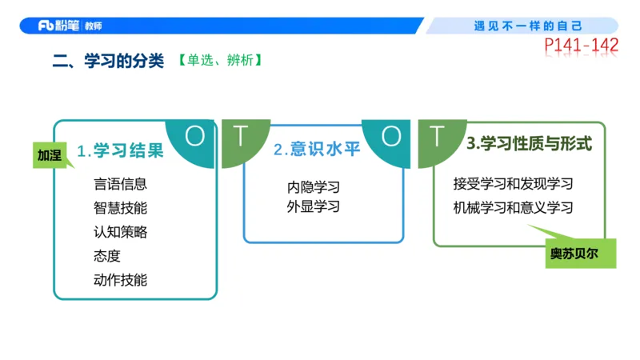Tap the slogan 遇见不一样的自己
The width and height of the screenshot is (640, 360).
click(528, 26)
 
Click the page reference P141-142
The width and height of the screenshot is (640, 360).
click(582, 46)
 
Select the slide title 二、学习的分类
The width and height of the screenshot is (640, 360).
click(108, 61)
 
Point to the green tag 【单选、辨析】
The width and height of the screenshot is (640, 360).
click(220, 61)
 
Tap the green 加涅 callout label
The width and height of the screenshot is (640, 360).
click(50, 154)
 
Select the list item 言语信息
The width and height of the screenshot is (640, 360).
click(120, 184)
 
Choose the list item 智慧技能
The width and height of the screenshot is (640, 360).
click(120, 208)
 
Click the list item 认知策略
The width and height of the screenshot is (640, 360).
click(120, 232)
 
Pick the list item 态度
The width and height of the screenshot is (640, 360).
click(106, 256)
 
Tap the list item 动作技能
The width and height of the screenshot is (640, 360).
click(120, 280)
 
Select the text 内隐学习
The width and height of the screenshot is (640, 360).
click(314, 188)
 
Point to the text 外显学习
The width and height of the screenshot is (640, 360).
click(314, 207)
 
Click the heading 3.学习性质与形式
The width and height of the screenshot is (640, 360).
click(529, 145)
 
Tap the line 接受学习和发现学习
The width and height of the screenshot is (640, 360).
click(513, 184)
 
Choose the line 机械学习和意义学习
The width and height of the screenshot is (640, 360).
click(513, 208)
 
